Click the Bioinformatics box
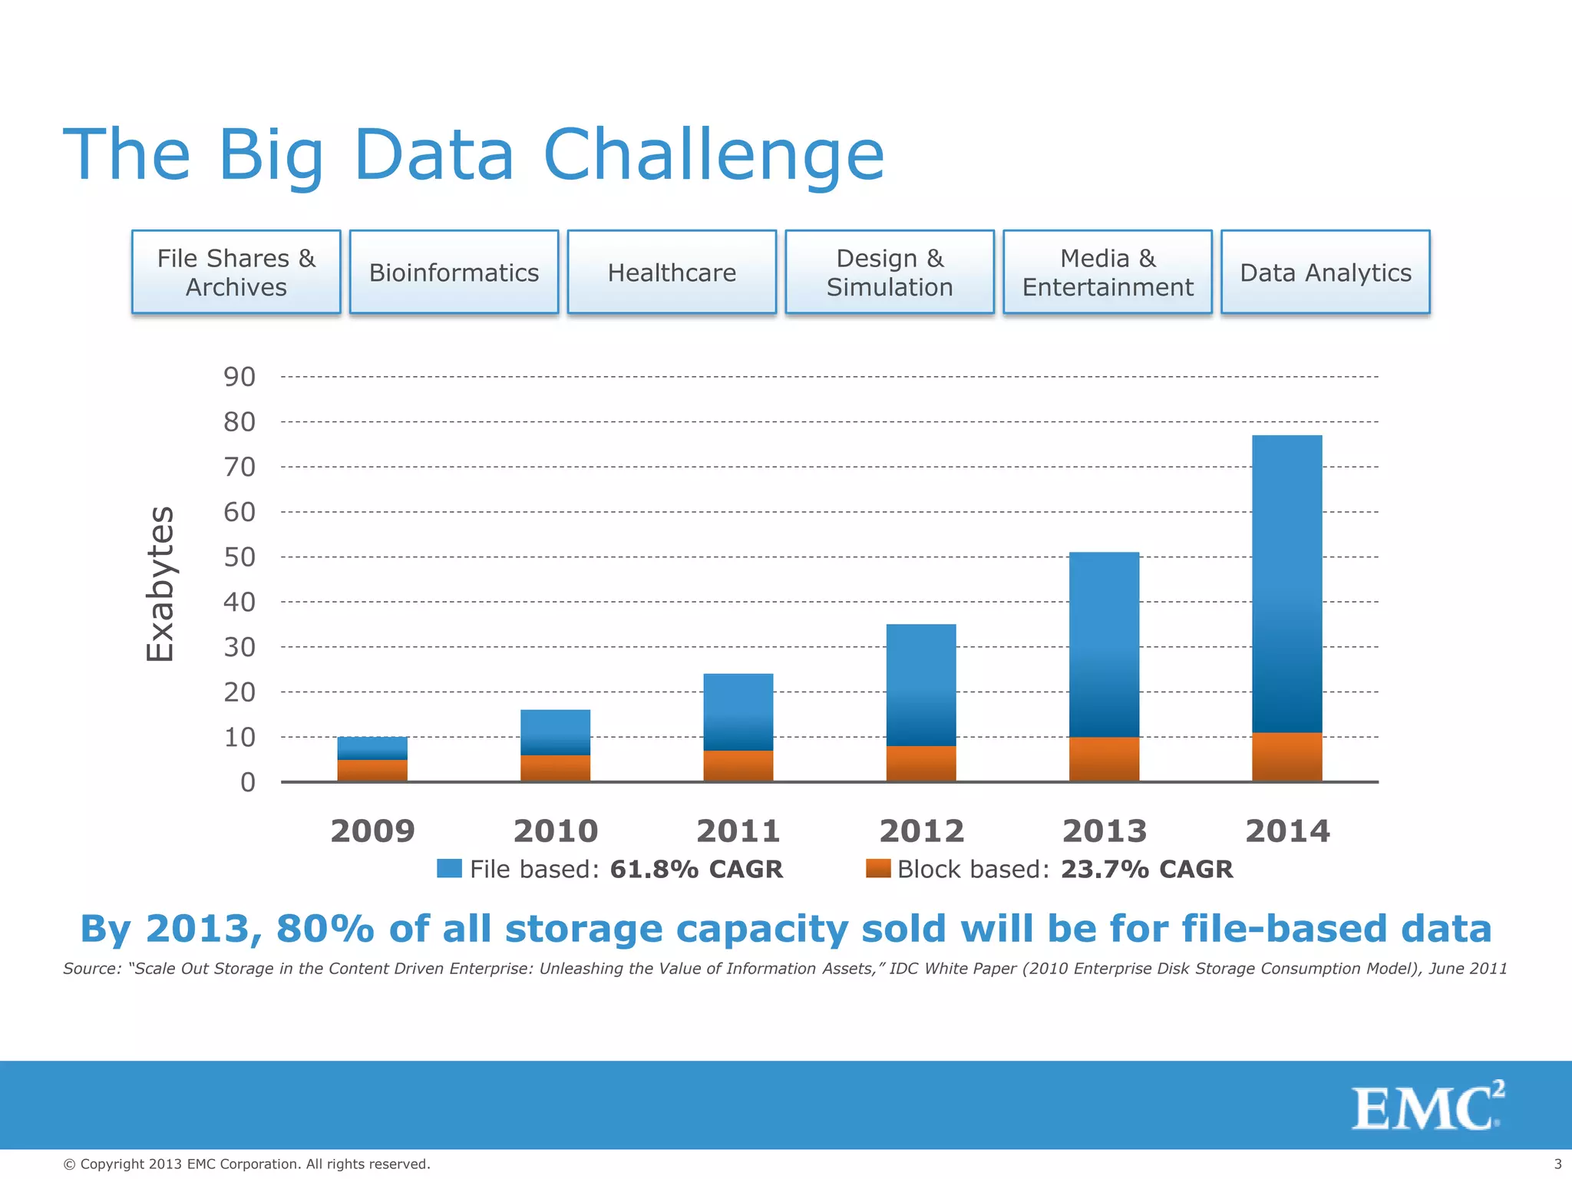[454, 272]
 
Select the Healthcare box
[672, 272]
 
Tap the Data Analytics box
[1325, 272]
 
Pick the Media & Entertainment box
[1107, 272]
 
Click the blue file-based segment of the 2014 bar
[1286, 583]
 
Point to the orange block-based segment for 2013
[1104, 759]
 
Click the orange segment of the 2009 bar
[372, 771]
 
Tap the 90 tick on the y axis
[239, 377]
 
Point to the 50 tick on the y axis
[239, 557]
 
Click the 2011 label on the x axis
[738, 831]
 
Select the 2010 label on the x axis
[555, 831]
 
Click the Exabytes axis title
[160, 583]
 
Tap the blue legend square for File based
[449, 868]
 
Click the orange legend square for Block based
[877, 868]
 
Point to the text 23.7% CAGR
[1146, 869]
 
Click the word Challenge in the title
[713, 155]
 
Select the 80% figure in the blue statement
[325, 929]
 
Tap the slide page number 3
[1557, 1164]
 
